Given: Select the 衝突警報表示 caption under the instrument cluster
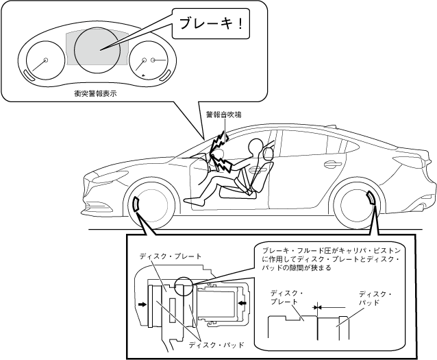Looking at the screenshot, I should coord(95,93).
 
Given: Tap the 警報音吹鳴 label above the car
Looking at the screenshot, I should coord(223,115).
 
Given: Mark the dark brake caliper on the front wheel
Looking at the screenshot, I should coord(136,203).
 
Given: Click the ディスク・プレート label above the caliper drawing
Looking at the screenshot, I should coord(171,256).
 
